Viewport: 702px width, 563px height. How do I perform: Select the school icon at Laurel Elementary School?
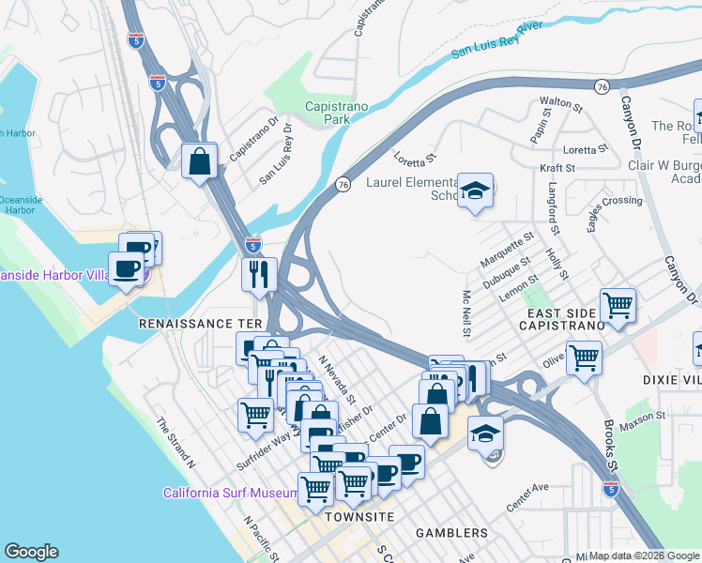coord(476,190)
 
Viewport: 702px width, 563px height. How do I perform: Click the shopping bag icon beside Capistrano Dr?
coord(200,161)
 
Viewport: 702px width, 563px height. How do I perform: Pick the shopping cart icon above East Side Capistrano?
coord(618,304)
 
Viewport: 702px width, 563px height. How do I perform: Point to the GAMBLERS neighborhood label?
coord(452,533)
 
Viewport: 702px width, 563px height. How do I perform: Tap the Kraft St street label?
coord(557,167)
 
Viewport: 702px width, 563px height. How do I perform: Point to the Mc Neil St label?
coord(466,313)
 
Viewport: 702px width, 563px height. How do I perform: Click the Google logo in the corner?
coord(31,552)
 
